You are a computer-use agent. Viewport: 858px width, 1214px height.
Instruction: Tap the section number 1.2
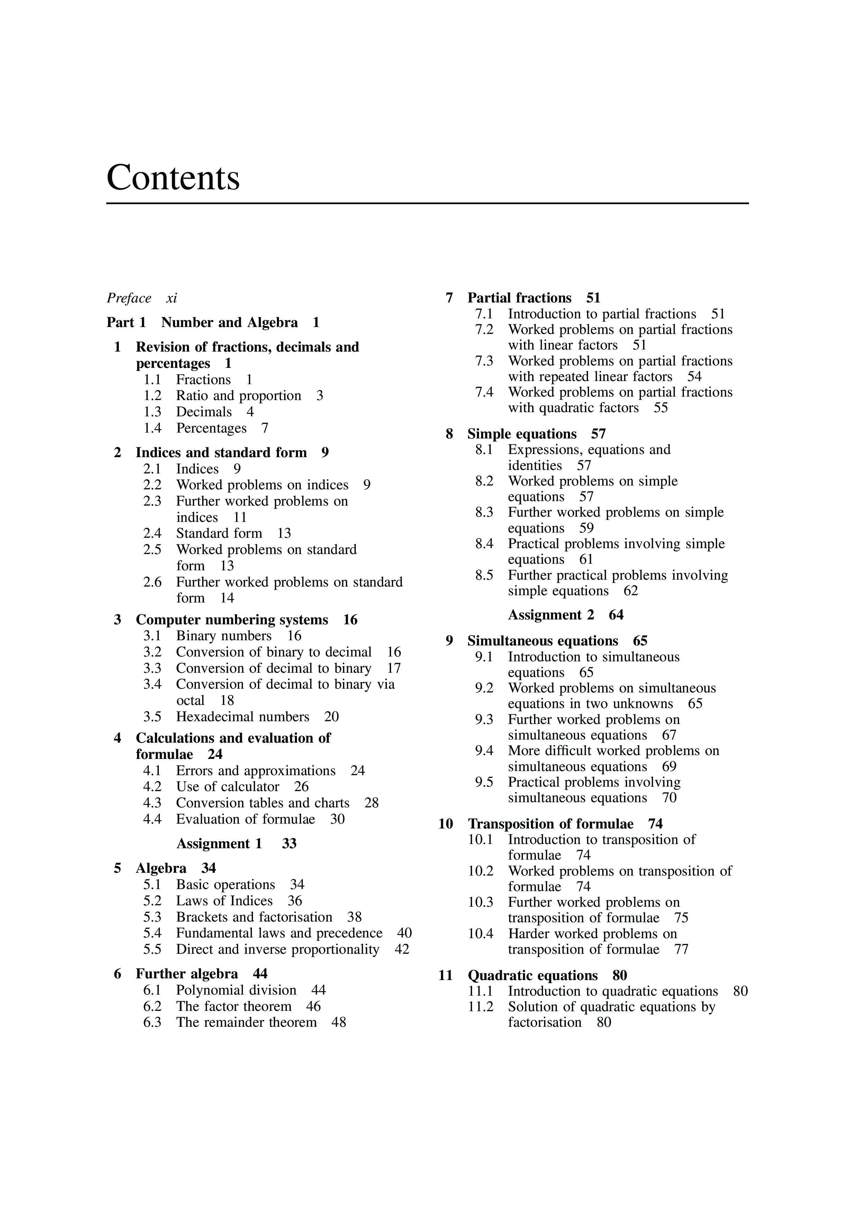tap(152, 396)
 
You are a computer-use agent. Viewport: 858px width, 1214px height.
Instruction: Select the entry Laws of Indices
tap(224, 900)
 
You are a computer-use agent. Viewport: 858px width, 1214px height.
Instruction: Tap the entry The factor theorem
tap(234, 1006)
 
